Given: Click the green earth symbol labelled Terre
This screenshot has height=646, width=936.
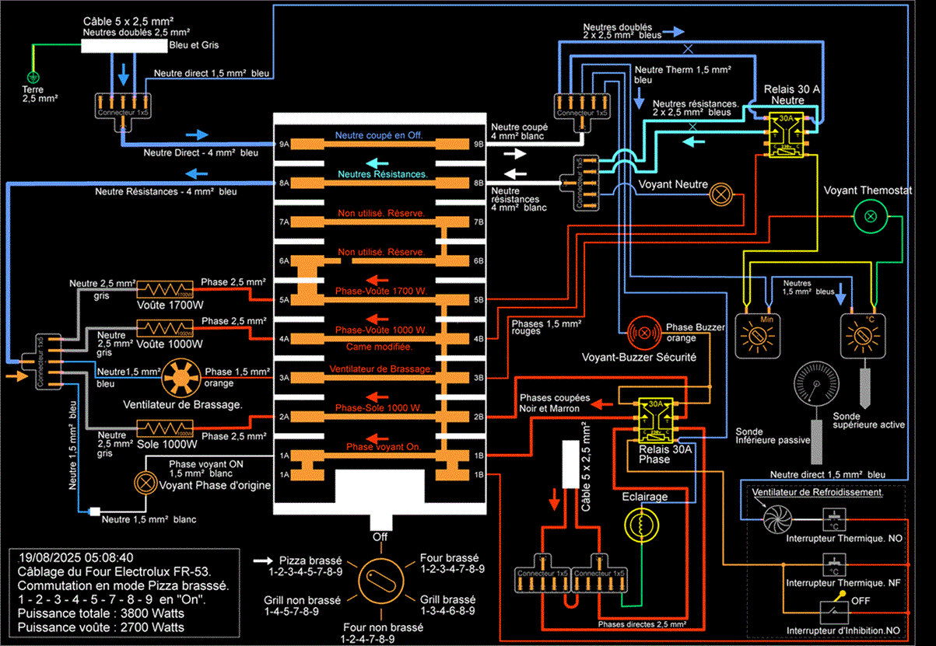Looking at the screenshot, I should [x=33, y=77].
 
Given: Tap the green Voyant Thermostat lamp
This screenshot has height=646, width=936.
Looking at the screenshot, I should [x=870, y=215].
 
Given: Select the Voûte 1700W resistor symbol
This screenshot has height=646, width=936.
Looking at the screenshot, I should [x=164, y=290].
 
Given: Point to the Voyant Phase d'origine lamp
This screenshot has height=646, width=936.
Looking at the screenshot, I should [x=144, y=483].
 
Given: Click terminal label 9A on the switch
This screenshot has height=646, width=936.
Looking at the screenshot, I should [x=285, y=145].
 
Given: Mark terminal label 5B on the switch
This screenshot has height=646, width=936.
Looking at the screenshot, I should [x=479, y=299].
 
